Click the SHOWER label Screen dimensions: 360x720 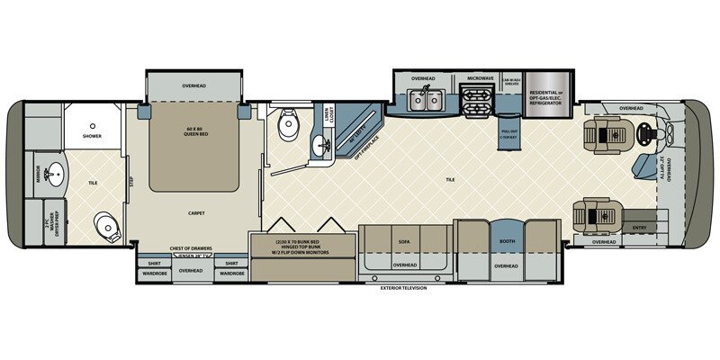pos(92,137)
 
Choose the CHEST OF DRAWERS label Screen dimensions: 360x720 pos(190,248)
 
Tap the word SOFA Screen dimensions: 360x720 pos(403,242)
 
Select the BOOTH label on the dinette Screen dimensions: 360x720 pos(506,241)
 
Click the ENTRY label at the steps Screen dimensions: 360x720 pos(640,229)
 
